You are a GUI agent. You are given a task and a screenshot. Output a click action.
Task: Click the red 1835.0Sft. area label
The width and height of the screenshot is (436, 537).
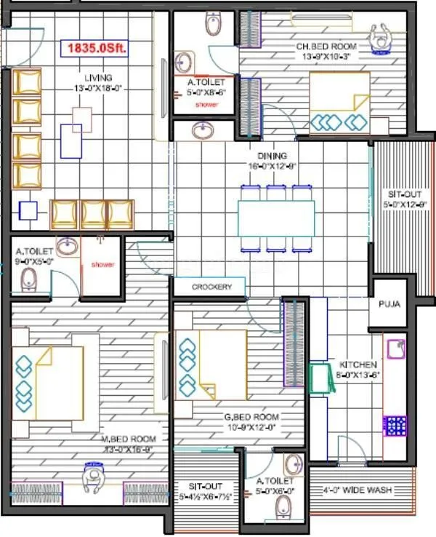(96, 49)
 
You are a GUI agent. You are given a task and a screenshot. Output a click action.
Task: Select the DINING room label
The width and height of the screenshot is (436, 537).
(272, 156)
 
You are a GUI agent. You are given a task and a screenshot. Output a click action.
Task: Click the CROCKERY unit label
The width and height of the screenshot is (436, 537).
(211, 287)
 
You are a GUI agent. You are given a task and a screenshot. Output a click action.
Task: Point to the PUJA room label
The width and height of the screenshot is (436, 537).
(389, 303)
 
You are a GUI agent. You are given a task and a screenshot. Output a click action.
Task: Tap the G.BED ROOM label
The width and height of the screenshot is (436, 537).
(251, 418)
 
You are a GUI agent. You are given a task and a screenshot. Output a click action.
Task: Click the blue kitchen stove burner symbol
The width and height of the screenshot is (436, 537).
(395, 425)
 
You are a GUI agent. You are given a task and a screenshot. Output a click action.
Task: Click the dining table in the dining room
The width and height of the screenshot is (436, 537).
(276, 218)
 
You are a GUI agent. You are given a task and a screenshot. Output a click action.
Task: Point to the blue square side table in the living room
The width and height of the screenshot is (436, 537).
(28, 211)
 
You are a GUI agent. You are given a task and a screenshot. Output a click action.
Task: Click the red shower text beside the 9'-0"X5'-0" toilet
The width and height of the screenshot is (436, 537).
(102, 265)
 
